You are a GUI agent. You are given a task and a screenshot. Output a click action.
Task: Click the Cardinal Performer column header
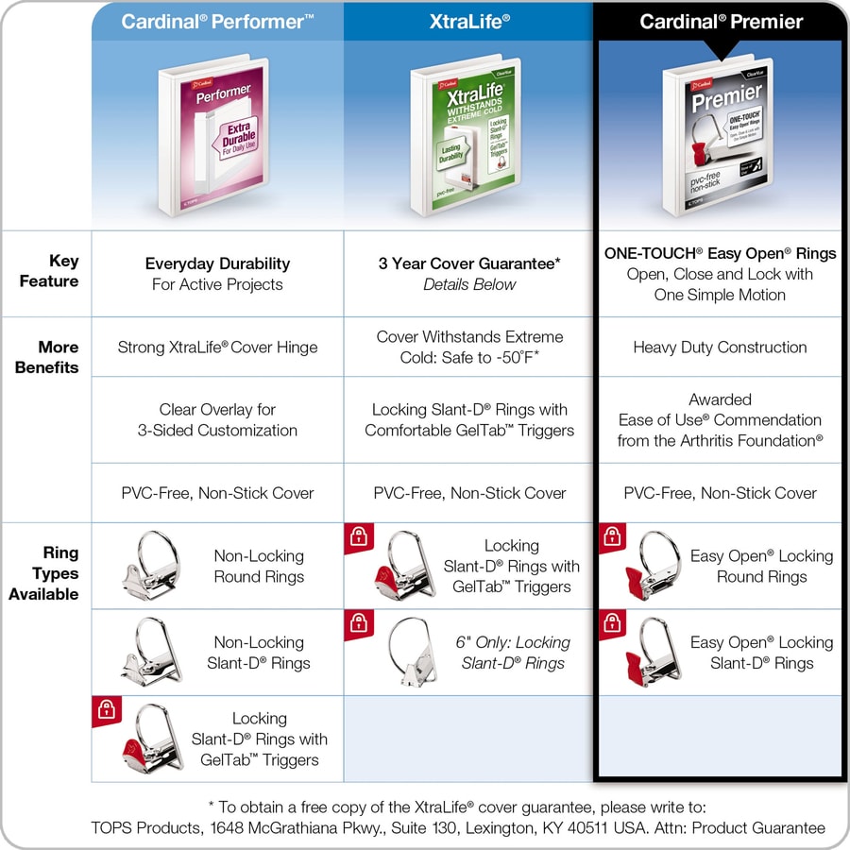[x=217, y=21]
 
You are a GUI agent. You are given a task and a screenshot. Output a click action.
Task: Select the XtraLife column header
[x=469, y=21]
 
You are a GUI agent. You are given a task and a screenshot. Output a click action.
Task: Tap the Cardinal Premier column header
[x=721, y=22]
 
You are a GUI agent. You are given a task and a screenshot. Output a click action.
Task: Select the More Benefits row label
[x=47, y=357]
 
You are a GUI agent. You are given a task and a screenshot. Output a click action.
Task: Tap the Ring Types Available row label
[x=44, y=573]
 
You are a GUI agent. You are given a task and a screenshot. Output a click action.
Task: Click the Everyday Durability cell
[x=217, y=274]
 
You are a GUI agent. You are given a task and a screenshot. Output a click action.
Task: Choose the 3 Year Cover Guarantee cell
[x=469, y=274]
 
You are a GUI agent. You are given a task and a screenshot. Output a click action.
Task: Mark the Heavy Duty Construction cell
[x=720, y=348]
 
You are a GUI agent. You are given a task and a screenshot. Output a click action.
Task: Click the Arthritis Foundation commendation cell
[x=720, y=420]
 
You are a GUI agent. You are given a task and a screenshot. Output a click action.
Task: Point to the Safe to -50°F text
[x=510, y=357]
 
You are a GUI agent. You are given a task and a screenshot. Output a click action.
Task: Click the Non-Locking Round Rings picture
[x=151, y=566]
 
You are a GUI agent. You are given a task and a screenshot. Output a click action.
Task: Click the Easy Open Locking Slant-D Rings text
[x=761, y=653]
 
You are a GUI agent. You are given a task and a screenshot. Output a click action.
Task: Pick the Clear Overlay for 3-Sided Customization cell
[x=217, y=420]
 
